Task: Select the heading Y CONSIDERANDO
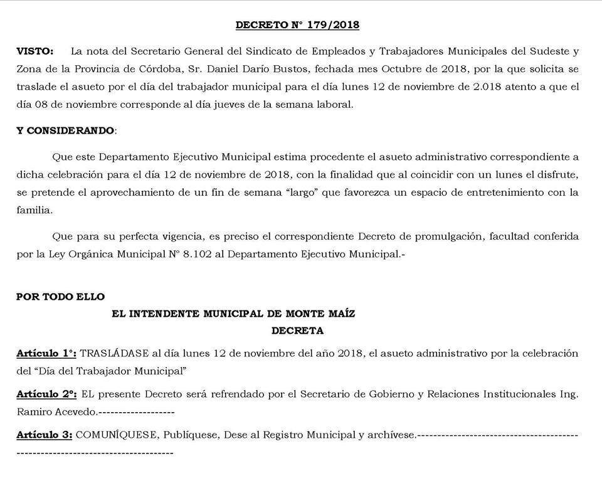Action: point(66,130)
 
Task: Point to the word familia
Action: point(34,211)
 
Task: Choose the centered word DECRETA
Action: point(297,329)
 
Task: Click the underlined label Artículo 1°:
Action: point(46,353)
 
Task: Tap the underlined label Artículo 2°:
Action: point(46,394)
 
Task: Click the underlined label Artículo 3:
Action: point(45,434)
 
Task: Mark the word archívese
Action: point(391,434)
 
